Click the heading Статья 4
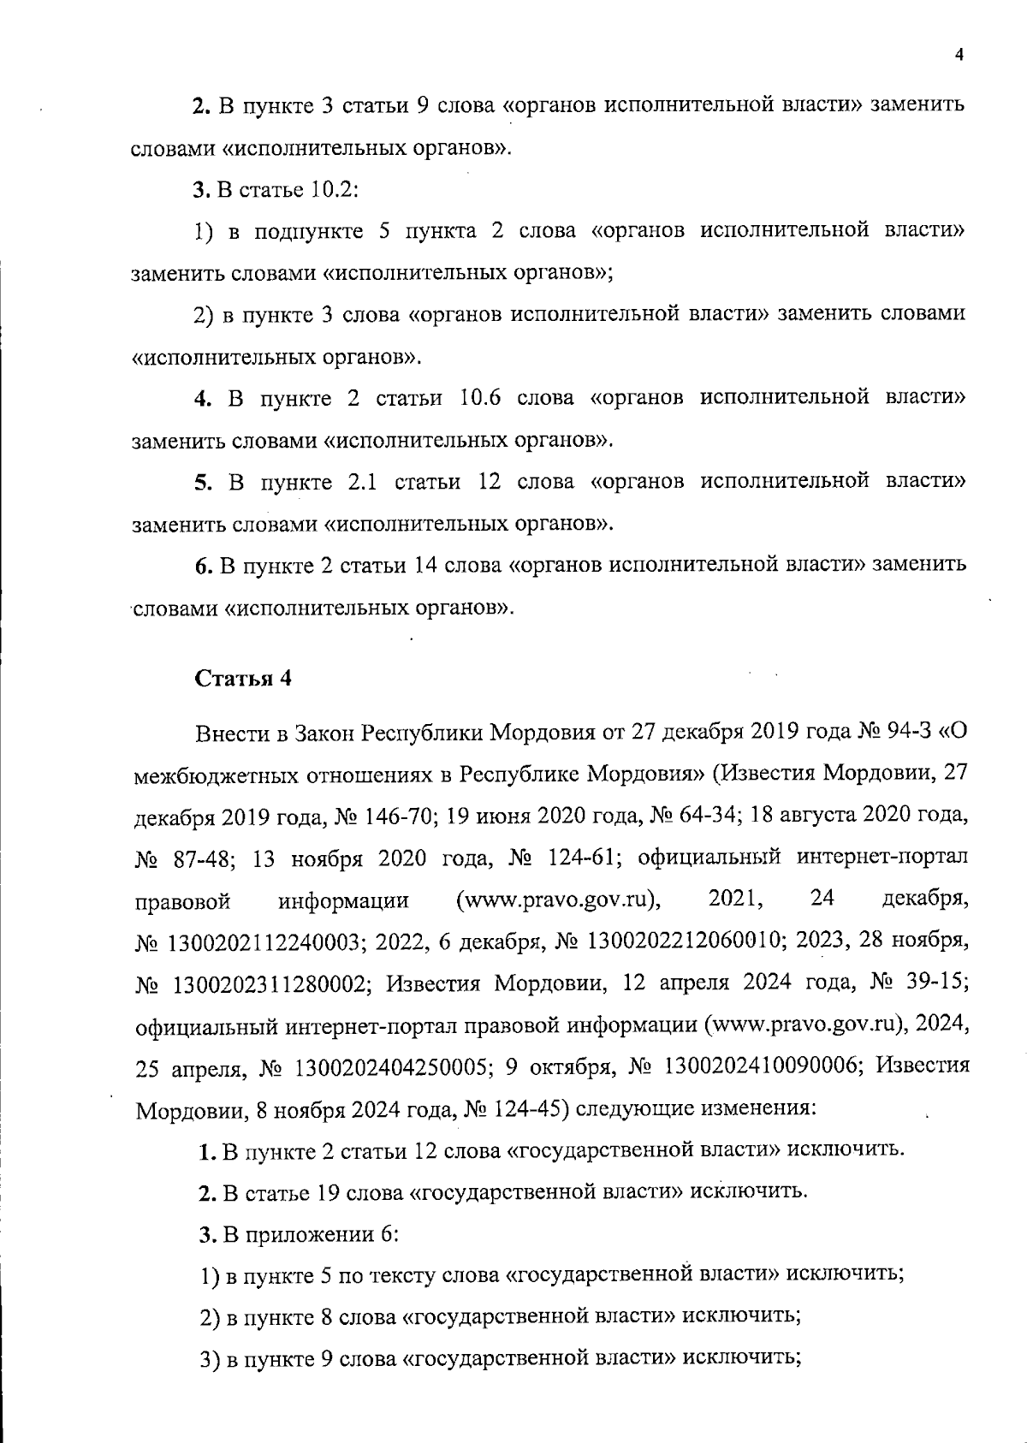243,679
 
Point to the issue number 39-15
939,983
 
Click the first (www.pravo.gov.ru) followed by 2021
560,900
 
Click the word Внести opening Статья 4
228,734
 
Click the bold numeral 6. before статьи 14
203,566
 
